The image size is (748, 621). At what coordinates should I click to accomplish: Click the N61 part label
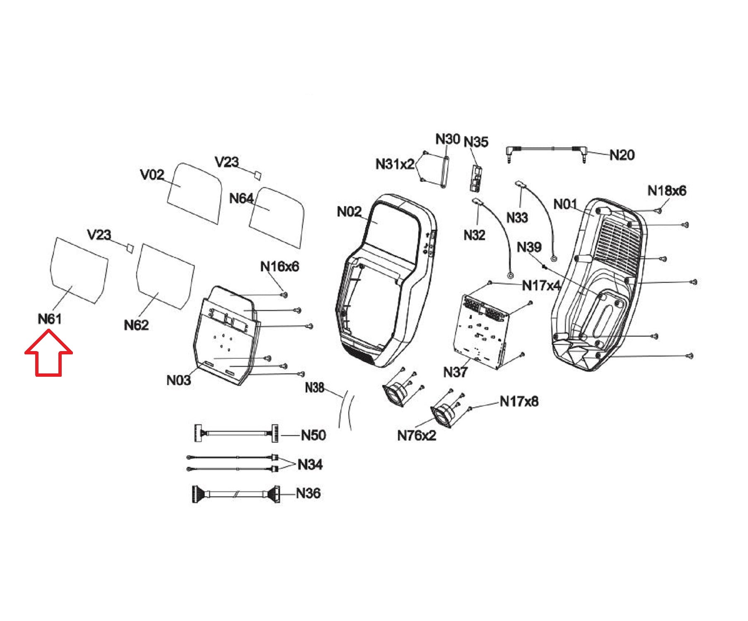tap(50, 319)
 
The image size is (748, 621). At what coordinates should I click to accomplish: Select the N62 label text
tap(136, 325)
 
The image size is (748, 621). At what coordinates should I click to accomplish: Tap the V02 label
tap(152, 175)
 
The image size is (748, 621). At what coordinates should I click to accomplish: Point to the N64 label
tap(241, 199)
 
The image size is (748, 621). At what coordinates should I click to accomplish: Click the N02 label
tap(349, 212)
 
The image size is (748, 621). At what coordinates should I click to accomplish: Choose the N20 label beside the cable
tap(622, 155)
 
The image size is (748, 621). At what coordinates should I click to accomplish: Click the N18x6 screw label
tap(666, 191)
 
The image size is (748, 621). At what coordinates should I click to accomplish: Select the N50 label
tap(313, 435)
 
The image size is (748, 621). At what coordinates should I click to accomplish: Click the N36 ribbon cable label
tap(308, 493)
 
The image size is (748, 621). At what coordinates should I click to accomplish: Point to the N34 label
tap(310, 465)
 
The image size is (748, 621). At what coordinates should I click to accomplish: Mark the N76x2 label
tap(416, 436)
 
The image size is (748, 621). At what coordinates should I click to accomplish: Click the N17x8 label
tap(519, 401)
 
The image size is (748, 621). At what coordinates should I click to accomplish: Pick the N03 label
tap(179, 380)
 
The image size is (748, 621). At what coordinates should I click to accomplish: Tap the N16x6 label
tap(279, 267)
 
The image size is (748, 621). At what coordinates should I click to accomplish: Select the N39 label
tap(529, 247)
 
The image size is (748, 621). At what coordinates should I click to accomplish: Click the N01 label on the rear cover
tap(565, 204)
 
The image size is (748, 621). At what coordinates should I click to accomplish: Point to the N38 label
tap(314, 388)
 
